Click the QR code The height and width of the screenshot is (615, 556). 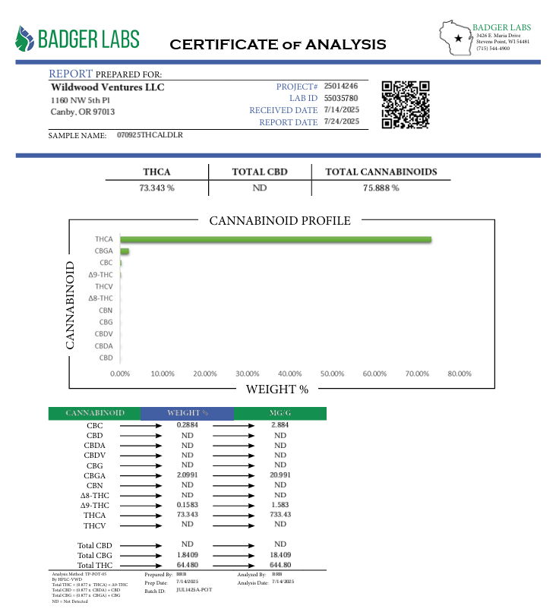click(405, 105)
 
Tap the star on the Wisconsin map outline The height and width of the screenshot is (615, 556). click(457, 37)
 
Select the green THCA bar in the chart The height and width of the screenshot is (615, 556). click(276, 239)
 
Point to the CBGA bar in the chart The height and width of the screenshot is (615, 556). click(125, 251)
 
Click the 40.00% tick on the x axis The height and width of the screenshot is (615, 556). click(289, 374)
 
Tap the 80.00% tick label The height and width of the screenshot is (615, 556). click(460, 374)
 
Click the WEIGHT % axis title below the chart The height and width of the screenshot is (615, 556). click(276, 389)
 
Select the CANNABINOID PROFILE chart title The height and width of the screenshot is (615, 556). click(280, 221)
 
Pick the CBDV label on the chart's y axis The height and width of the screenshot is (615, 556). click(104, 334)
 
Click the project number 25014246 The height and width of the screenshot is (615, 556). click(340, 87)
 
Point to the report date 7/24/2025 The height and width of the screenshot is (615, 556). click(341, 121)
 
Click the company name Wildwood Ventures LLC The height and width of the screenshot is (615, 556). click(107, 87)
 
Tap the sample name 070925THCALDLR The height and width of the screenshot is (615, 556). click(150, 134)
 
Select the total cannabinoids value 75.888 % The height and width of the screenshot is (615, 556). click(381, 188)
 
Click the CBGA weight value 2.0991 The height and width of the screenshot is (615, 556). click(187, 474)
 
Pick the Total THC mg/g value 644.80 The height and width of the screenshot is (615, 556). click(280, 565)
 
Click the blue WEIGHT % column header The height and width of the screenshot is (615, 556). click(187, 413)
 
